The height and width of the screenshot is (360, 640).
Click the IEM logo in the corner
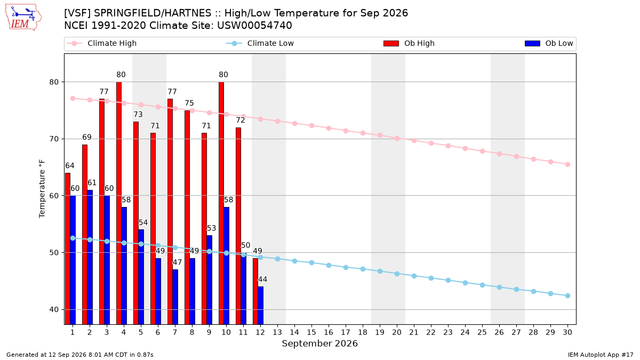(x=23, y=17)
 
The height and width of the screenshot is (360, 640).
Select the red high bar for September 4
(x=119, y=203)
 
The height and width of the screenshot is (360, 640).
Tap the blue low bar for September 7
(x=175, y=297)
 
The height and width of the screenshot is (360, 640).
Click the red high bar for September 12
(x=255, y=291)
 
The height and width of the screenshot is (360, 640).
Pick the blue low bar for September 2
(x=90, y=257)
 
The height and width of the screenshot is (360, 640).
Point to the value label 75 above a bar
(x=189, y=103)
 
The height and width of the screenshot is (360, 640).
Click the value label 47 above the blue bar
(x=177, y=262)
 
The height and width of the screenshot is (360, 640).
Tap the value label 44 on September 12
(x=262, y=279)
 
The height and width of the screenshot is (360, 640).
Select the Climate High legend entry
(x=101, y=43)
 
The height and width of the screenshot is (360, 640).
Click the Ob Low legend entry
(x=549, y=43)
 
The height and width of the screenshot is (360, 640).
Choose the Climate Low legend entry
(x=260, y=43)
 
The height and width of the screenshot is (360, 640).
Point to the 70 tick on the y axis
(x=54, y=139)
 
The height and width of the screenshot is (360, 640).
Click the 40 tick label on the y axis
(x=54, y=309)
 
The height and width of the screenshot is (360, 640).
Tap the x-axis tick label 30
(x=567, y=332)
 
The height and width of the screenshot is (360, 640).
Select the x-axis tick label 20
(x=397, y=332)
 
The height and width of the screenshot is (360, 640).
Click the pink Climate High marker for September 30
(x=567, y=165)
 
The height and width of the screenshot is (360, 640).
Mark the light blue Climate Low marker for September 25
(x=482, y=285)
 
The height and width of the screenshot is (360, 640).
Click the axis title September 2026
(x=319, y=343)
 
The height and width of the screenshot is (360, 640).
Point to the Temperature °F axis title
(x=42, y=189)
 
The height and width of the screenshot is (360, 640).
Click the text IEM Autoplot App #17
(x=601, y=355)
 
